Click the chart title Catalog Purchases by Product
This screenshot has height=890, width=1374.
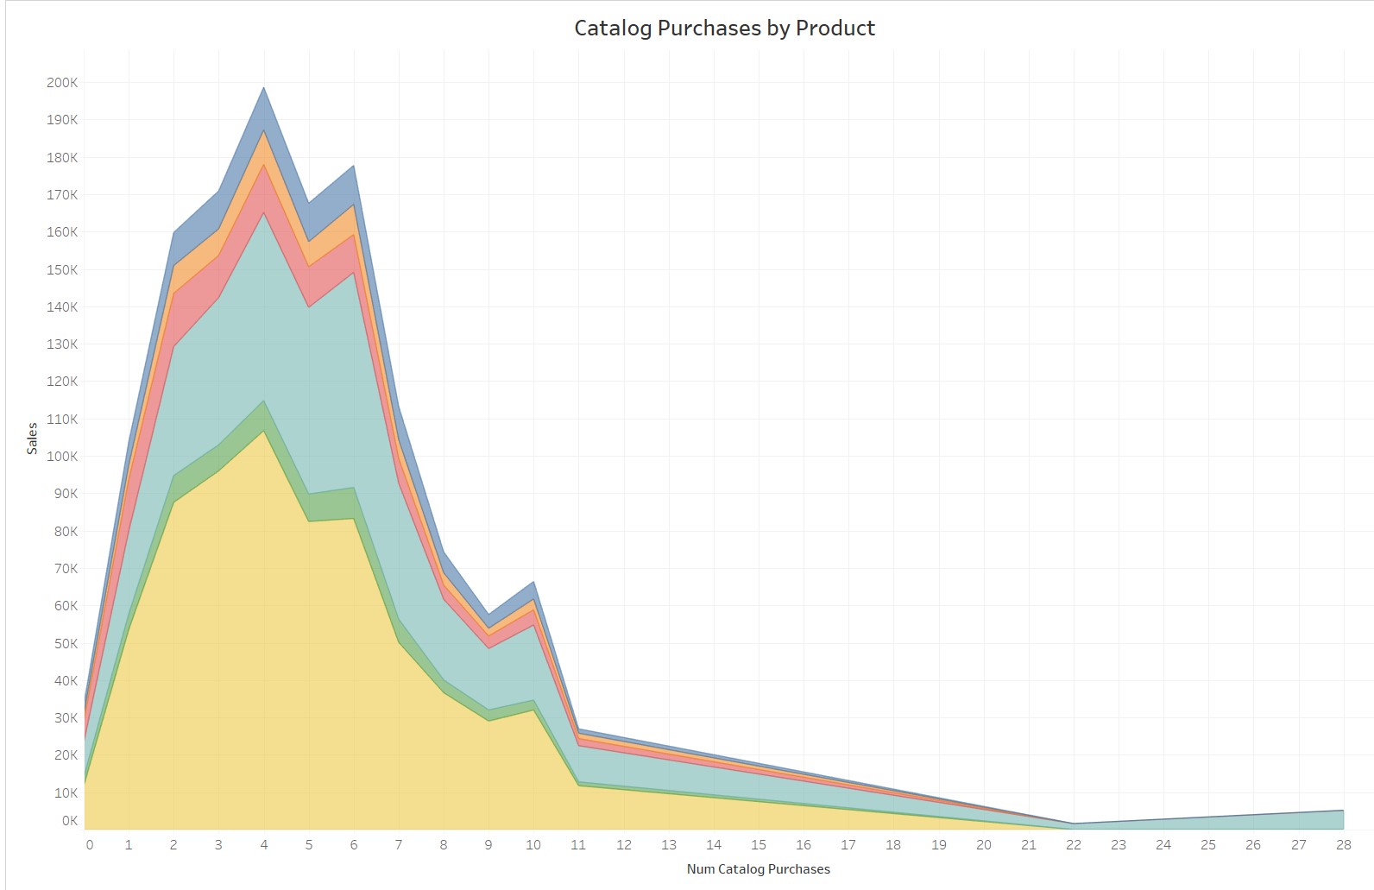tap(724, 28)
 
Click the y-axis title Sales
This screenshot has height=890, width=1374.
tap(32, 439)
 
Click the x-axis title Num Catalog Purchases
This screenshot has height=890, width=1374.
tap(758, 869)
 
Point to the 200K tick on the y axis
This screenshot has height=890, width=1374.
tap(62, 83)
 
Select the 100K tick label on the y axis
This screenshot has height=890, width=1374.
tap(62, 457)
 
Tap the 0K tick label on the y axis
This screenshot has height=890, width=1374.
tap(69, 821)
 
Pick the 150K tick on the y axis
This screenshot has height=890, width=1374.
tap(62, 269)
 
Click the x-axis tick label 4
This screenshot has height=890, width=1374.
tap(264, 845)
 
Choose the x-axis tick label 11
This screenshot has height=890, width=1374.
tap(578, 845)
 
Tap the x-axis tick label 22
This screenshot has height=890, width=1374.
tap(1074, 845)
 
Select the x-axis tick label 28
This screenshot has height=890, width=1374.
tap(1344, 845)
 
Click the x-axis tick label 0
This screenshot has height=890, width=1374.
tap(90, 845)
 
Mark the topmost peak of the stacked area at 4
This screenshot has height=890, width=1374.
tap(264, 87)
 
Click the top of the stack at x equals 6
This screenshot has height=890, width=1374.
tap(354, 166)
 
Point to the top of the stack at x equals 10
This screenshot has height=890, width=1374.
tap(533, 583)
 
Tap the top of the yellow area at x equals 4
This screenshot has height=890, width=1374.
tap(264, 430)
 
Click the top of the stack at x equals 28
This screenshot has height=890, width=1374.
tap(1344, 811)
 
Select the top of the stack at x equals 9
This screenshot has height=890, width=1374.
tap(488, 615)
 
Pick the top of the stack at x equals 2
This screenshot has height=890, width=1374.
tap(174, 232)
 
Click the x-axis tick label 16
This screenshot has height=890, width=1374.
tap(804, 845)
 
